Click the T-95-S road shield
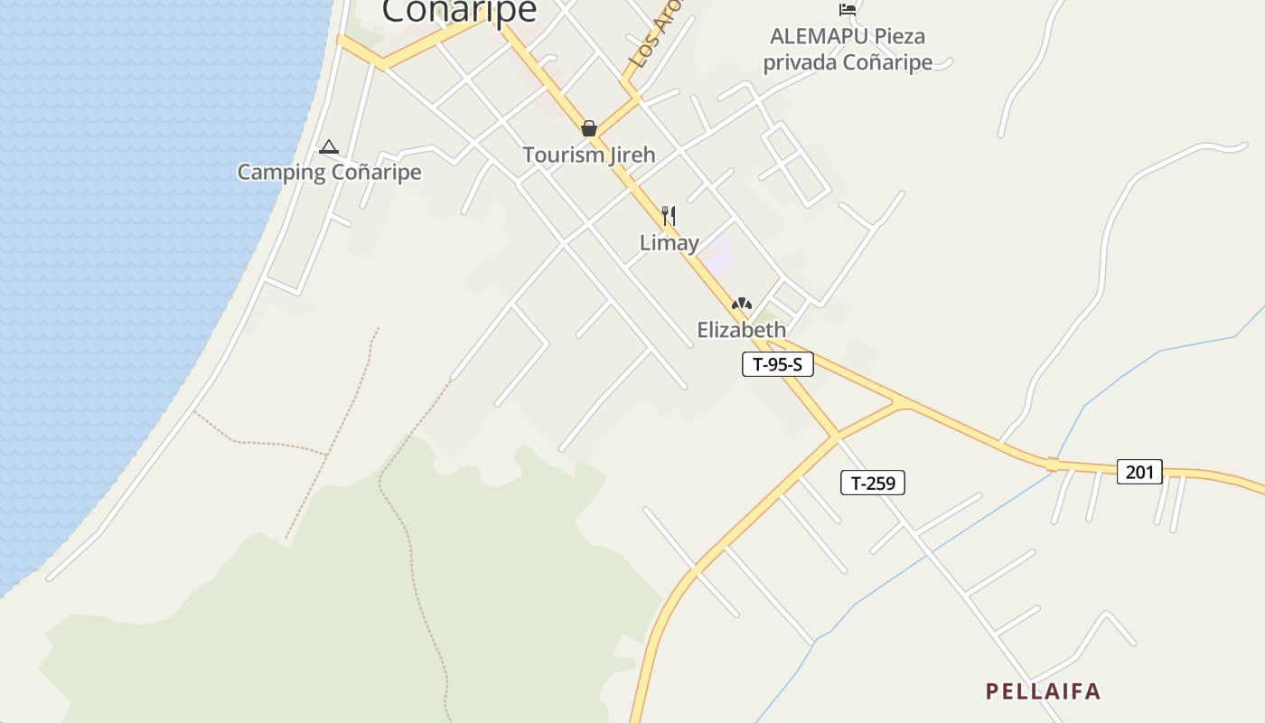[x=777, y=364]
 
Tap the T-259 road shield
[x=872, y=483]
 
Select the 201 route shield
[x=1138, y=471]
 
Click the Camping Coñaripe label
[x=329, y=172]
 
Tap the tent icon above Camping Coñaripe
[x=328, y=146]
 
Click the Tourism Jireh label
[x=588, y=155]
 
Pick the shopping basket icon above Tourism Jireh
[x=589, y=128]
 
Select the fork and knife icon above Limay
[x=669, y=215]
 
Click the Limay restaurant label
[x=669, y=242]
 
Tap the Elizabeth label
[x=741, y=330]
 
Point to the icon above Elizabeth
[x=742, y=304]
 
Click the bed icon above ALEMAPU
[x=848, y=9]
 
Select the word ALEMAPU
[x=819, y=36]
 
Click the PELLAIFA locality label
[x=1043, y=691]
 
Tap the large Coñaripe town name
[x=459, y=12]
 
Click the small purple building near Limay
[x=719, y=256]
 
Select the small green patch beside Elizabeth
[x=767, y=317]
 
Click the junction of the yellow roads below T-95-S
[x=836, y=436]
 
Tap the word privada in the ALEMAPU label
[x=801, y=62]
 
